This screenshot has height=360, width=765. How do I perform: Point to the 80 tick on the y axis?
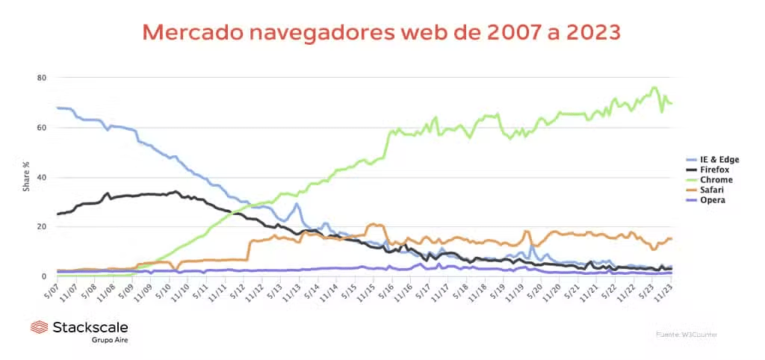click(42, 78)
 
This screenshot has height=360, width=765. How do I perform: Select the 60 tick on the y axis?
click(42, 128)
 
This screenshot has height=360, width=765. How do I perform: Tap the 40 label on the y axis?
click(42, 177)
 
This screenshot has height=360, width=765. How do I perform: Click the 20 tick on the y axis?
click(42, 227)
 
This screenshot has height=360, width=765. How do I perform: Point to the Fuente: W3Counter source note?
click(687, 334)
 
